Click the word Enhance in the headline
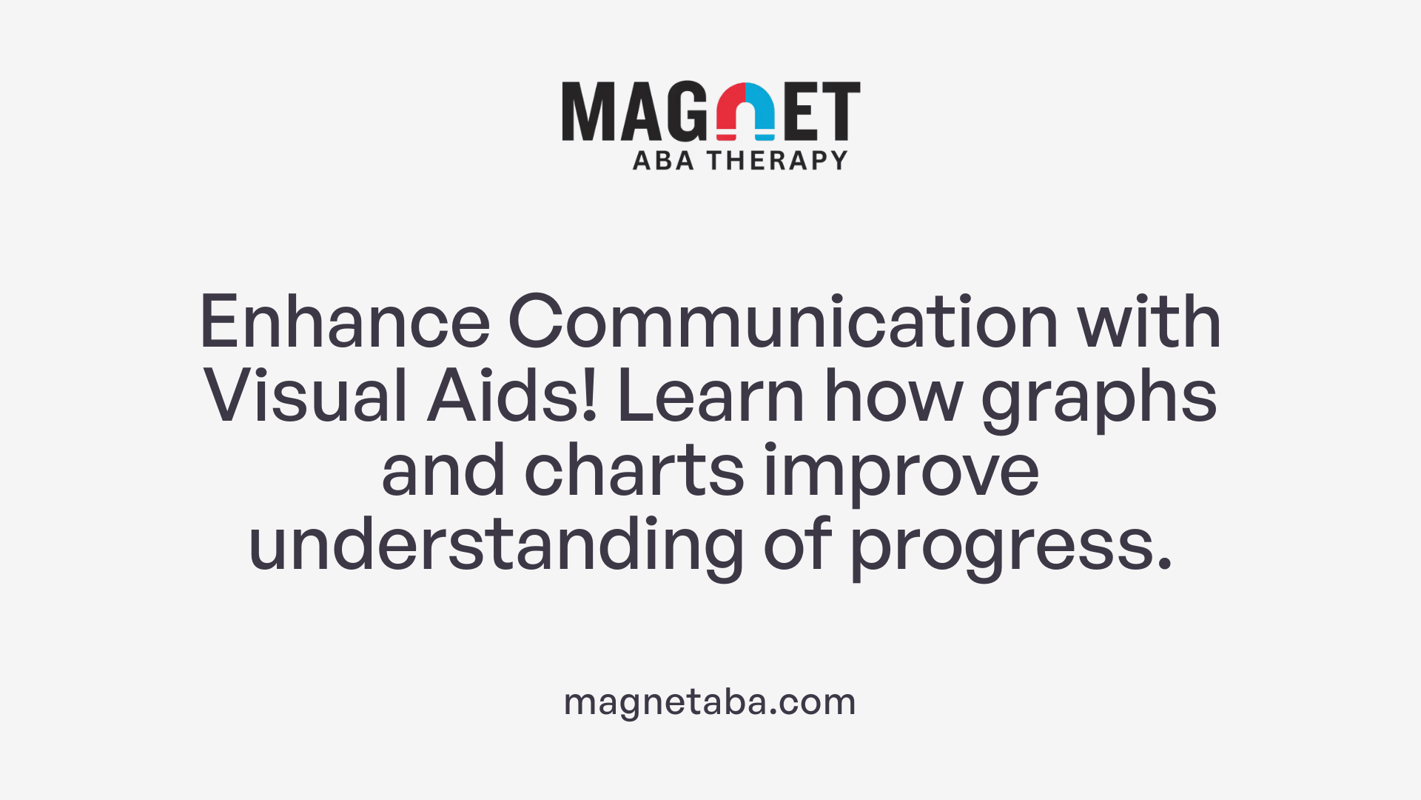[344, 321]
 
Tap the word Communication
[783, 321]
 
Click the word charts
[634, 471]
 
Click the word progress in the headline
[1010, 548]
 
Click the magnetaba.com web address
[710, 702]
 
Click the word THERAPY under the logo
[777, 160]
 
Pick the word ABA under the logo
[663, 160]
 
